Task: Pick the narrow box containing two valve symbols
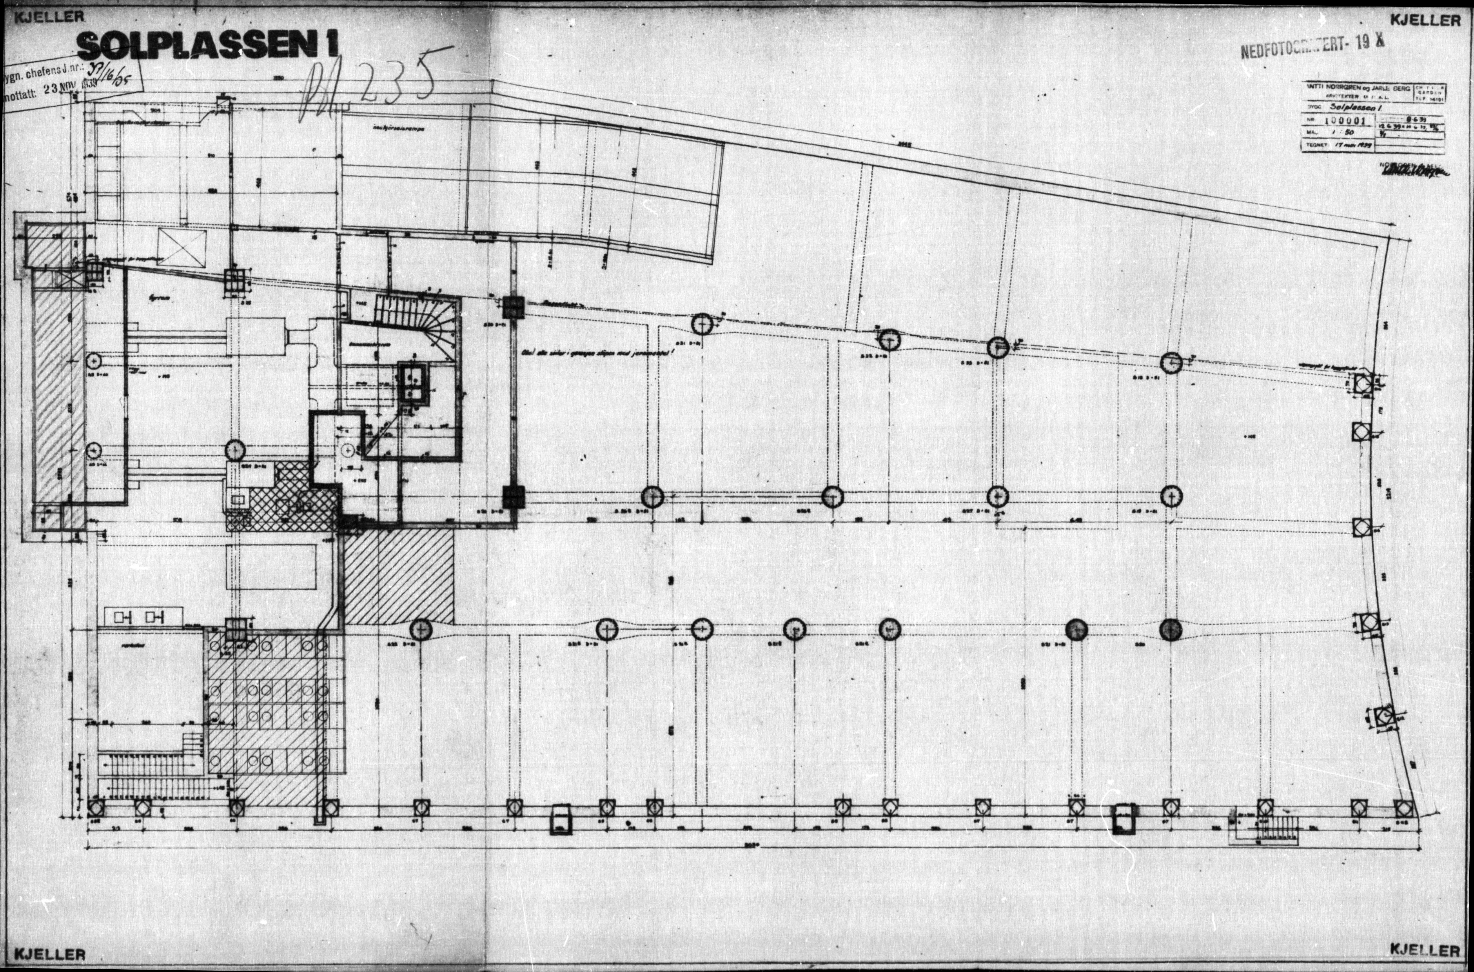click(x=144, y=617)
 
